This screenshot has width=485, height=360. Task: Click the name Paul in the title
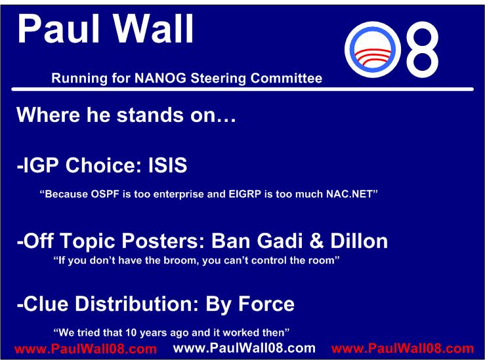pyautogui.click(x=58, y=29)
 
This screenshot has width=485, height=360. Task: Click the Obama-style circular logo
pyautogui.click(x=372, y=49)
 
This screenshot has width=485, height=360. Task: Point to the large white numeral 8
pyautogui.click(x=422, y=49)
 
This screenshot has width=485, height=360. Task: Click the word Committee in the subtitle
pyautogui.click(x=286, y=78)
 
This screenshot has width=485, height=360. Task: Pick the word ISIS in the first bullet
pyautogui.click(x=167, y=165)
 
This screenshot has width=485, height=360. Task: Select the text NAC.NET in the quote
pyautogui.click(x=350, y=194)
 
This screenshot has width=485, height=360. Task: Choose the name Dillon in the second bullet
pyautogui.click(x=359, y=241)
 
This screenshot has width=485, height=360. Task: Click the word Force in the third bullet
pyautogui.click(x=266, y=304)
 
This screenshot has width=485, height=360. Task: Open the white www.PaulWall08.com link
pyautogui.click(x=244, y=348)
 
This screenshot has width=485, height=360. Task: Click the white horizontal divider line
pyautogui.click(x=243, y=89)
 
